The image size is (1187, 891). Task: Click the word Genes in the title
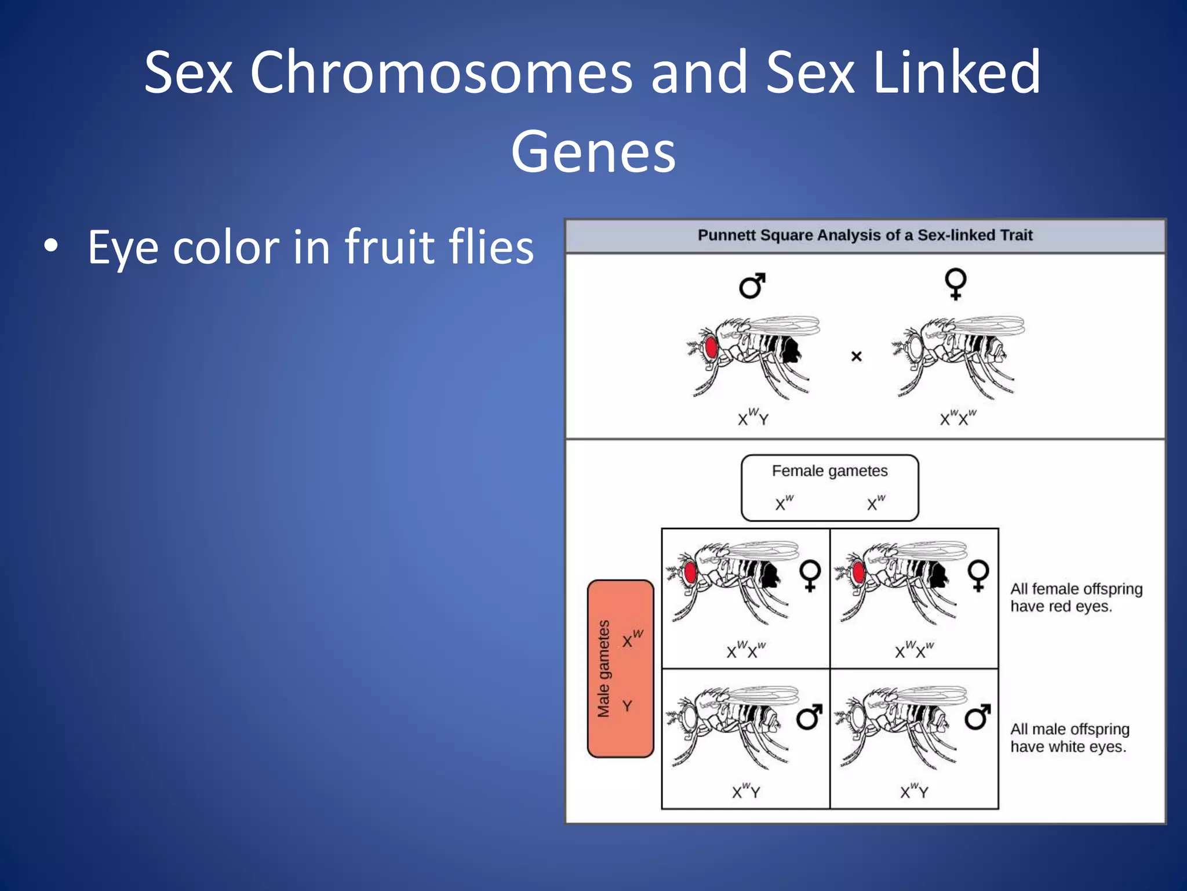593,152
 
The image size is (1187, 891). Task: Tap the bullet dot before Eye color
51,246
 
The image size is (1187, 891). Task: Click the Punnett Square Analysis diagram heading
865,235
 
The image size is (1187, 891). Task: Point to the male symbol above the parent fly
752,285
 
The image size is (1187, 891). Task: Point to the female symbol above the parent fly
955,283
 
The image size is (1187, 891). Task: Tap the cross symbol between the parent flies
856,356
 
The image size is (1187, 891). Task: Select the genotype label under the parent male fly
752,417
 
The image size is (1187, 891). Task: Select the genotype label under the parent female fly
957,417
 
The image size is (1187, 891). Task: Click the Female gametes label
829,470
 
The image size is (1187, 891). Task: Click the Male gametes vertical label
604,668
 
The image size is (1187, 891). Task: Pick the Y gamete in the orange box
627,706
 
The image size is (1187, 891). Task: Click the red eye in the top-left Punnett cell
690,573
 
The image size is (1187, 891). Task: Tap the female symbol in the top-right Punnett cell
978,575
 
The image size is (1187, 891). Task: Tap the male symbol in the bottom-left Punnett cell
809,718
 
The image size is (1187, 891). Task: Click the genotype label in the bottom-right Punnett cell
914,791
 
